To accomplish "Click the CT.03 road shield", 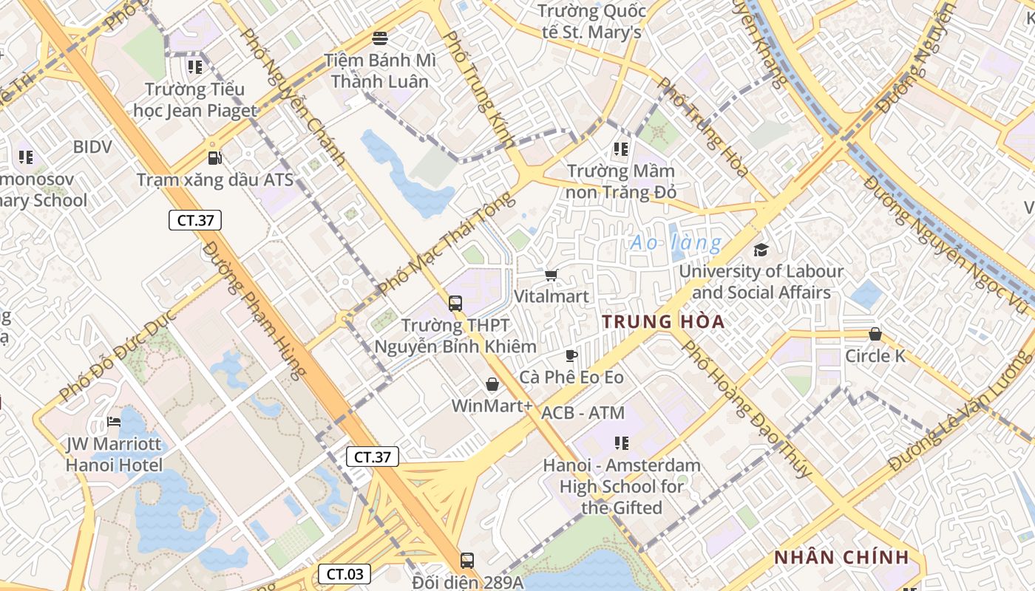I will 344,573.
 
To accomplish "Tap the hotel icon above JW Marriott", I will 113,422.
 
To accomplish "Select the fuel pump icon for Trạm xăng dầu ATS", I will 214,157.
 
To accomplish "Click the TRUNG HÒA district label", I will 662,322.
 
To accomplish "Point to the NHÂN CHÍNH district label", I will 841,558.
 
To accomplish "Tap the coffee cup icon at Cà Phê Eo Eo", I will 571,355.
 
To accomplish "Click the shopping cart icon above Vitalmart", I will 551,276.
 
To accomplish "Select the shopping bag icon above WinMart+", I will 492,384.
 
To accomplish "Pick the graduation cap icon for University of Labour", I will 761,250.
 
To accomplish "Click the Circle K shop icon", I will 875,334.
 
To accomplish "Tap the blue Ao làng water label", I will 676,242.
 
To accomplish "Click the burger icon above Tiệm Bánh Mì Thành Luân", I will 380,38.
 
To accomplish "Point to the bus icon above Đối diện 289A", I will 466,560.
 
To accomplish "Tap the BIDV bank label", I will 92,147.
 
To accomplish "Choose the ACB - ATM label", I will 583,413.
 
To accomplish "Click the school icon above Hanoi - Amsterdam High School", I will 621,443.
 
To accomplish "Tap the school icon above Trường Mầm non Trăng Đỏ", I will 621,149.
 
